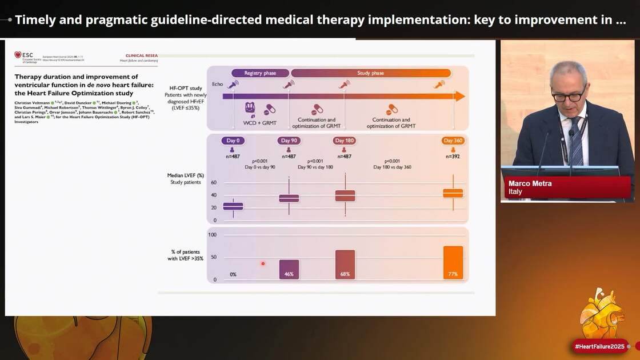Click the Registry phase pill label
pyautogui.click(x=260, y=73)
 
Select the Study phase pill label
pyautogui.click(x=370, y=73)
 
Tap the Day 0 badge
pyautogui.click(x=232, y=141)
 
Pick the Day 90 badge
pyautogui.click(x=289, y=141)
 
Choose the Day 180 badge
pyautogui.click(x=345, y=141)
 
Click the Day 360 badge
pyautogui.click(x=453, y=141)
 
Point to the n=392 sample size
pyautogui.click(x=453, y=156)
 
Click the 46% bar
pyautogui.click(x=289, y=269)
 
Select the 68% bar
pyautogui.click(x=345, y=265)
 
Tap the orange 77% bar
pyautogui.click(x=453, y=262)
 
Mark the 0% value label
pyautogui.click(x=233, y=275)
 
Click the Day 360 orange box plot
pyautogui.click(x=453, y=193)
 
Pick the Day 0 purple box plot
pyautogui.click(x=233, y=206)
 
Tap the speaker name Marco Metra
pyautogui.click(x=530, y=183)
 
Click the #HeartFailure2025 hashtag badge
pyautogui.click(x=601, y=346)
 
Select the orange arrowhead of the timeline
pyautogui.click(x=459, y=96)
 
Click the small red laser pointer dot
pyautogui.click(x=263, y=263)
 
